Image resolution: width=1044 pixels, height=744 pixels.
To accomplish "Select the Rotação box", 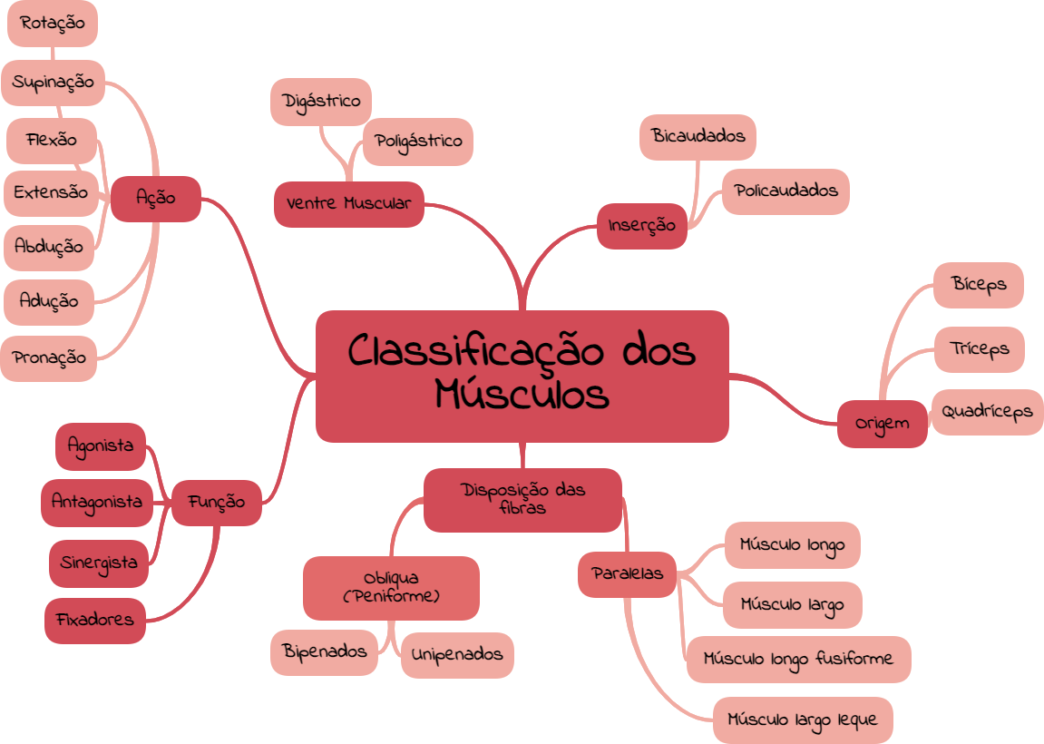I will (53, 24).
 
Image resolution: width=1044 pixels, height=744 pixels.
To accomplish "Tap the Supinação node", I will (54, 83).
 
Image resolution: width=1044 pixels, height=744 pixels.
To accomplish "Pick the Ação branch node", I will (155, 198).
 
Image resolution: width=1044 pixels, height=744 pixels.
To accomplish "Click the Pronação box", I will (50, 358).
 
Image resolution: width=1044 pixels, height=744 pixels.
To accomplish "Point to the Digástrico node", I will (321, 102).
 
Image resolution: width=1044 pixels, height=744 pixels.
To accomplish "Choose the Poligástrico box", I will (418, 142).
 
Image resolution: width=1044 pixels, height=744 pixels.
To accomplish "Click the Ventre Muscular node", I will (348, 204).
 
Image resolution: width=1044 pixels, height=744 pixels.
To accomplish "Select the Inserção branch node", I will (641, 226).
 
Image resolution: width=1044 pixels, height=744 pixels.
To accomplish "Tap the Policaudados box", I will (785, 191).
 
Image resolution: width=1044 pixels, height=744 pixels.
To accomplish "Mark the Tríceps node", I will (979, 349).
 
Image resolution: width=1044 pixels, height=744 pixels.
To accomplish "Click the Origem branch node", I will (882, 424).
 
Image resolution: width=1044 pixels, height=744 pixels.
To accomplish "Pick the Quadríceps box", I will (987, 412).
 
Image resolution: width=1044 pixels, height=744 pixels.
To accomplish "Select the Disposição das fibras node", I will (522, 499).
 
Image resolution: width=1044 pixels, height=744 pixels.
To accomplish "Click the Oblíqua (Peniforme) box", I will (391, 587).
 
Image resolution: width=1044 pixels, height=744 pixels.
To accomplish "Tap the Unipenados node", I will (457, 654).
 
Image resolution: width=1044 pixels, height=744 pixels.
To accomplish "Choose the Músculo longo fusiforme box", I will (798, 659).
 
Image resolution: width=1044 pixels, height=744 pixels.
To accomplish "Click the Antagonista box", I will (97, 502).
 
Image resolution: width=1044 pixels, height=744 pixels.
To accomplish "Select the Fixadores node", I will (95, 621).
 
